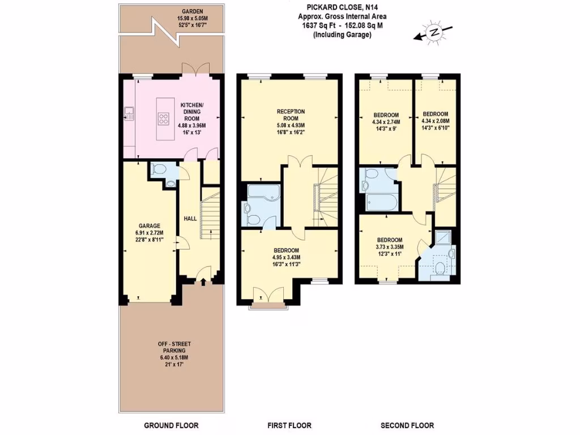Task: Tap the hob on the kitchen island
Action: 163,118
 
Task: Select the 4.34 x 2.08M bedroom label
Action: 435,120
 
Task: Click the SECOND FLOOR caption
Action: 407,425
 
